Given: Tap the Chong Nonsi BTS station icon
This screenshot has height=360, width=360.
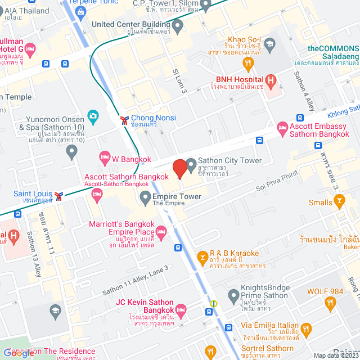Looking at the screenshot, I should coord(124,120).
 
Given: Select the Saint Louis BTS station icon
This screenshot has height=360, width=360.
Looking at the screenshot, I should coord(59,196).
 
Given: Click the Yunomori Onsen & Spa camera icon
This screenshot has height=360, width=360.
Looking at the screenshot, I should coord(93,116).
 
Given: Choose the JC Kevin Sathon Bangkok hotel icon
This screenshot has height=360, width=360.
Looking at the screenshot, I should coord(181,309).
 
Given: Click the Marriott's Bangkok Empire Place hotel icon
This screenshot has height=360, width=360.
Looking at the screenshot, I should coord(161,231).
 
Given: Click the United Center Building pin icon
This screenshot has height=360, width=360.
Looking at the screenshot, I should coord(178,25).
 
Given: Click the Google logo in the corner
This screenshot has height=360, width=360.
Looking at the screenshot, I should coord(18,353).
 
